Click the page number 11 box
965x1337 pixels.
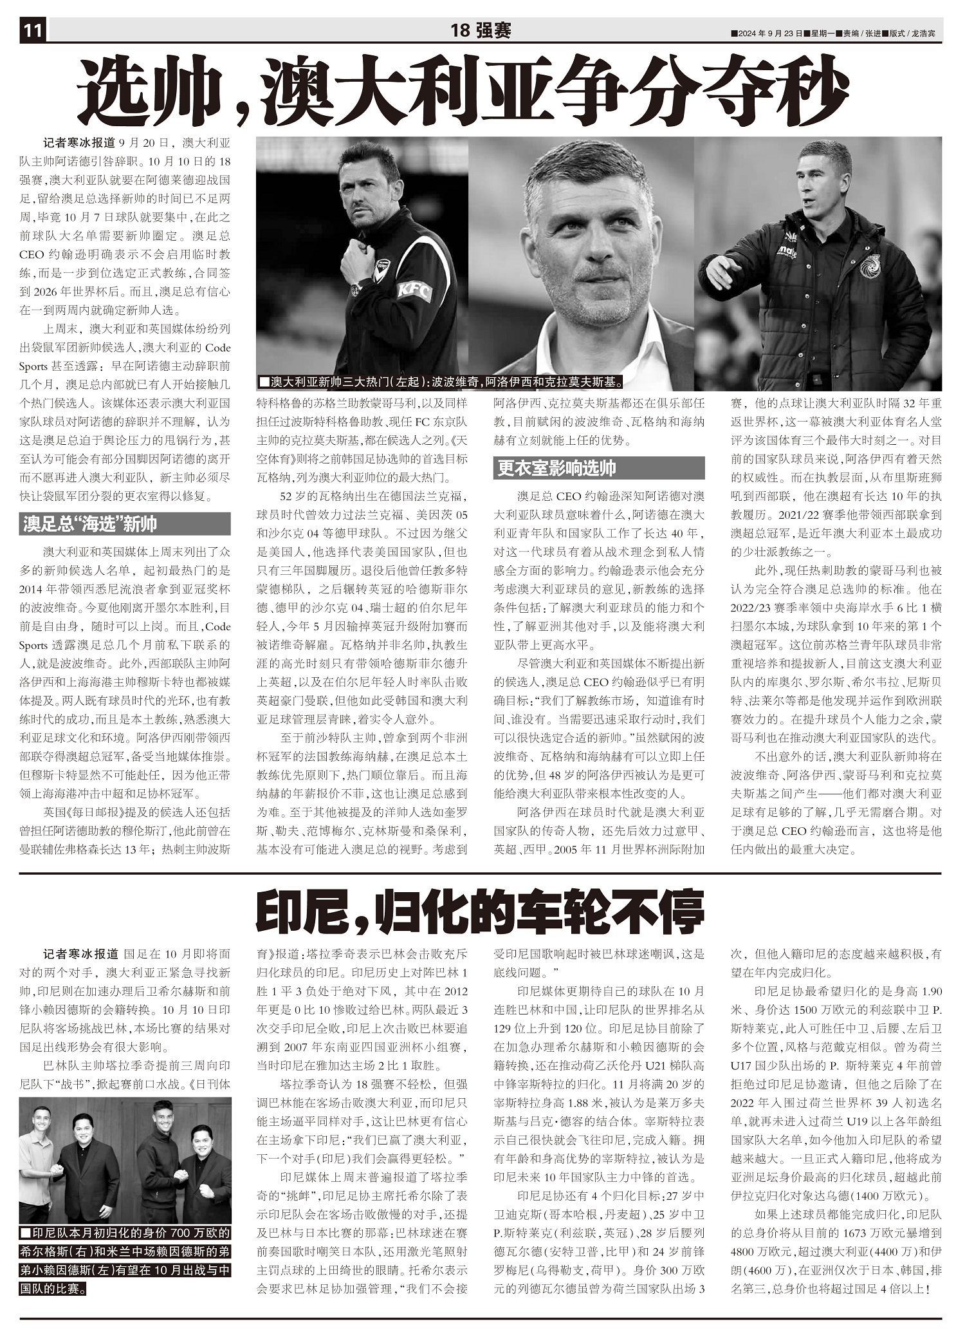33,30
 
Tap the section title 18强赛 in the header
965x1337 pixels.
481,30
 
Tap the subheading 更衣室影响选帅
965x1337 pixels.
557,468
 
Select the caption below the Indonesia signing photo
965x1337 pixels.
125,1252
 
